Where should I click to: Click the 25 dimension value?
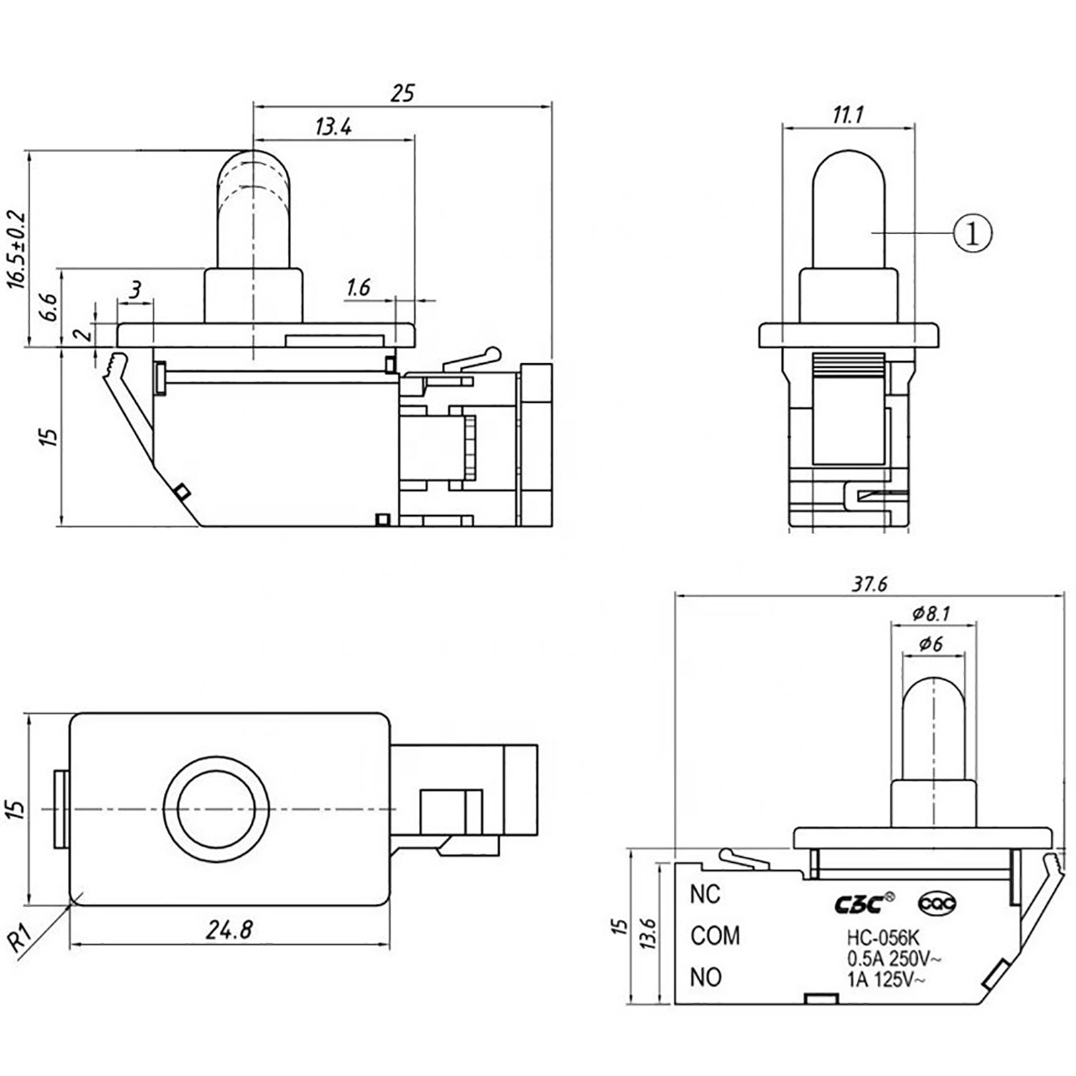click(403, 93)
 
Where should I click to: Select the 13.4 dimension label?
click(334, 126)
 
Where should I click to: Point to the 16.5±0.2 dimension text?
click(17, 249)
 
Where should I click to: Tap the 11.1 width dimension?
click(847, 115)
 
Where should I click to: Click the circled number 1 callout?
click(972, 233)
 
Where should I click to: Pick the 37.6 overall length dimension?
click(870, 584)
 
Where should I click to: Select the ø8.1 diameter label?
click(931, 613)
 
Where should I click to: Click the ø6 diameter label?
click(931, 644)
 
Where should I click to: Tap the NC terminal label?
click(705, 894)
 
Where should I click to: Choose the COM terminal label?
click(715, 935)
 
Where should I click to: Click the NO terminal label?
click(705, 977)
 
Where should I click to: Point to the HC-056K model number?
click(882, 937)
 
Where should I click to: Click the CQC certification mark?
click(937, 904)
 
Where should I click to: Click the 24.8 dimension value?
click(229, 930)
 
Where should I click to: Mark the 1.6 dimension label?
click(358, 288)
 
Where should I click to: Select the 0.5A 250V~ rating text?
click(894, 958)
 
